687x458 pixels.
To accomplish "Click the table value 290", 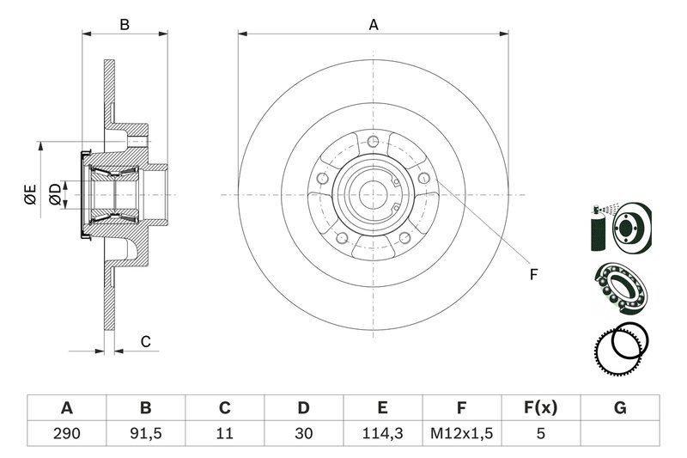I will pyautogui.click(x=66, y=434).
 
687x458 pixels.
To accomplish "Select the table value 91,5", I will pyautogui.click(x=145, y=434).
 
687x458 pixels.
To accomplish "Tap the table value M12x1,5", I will pyautogui.click(x=461, y=434).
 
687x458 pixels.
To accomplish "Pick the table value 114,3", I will pyautogui.click(x=382, y=434).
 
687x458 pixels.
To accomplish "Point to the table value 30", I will pyautogui.click(x=303, y=434).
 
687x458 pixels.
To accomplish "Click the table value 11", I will pyautogui.click(x=224, y=434).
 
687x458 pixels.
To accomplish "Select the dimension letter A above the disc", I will pyautogui.click(x=374, y=25).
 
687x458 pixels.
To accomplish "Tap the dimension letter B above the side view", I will pyautogui.click(x=125, y=25).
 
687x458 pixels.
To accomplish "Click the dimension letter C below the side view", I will pyautogui.click(x=145, y=342).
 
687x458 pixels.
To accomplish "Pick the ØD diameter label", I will pyautogui.click(x=55, y=194).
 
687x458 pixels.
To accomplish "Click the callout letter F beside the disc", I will pyautogui.click(x=532, y=275).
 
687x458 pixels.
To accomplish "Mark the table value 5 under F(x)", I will pyautogui.click(x=540, y=434).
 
